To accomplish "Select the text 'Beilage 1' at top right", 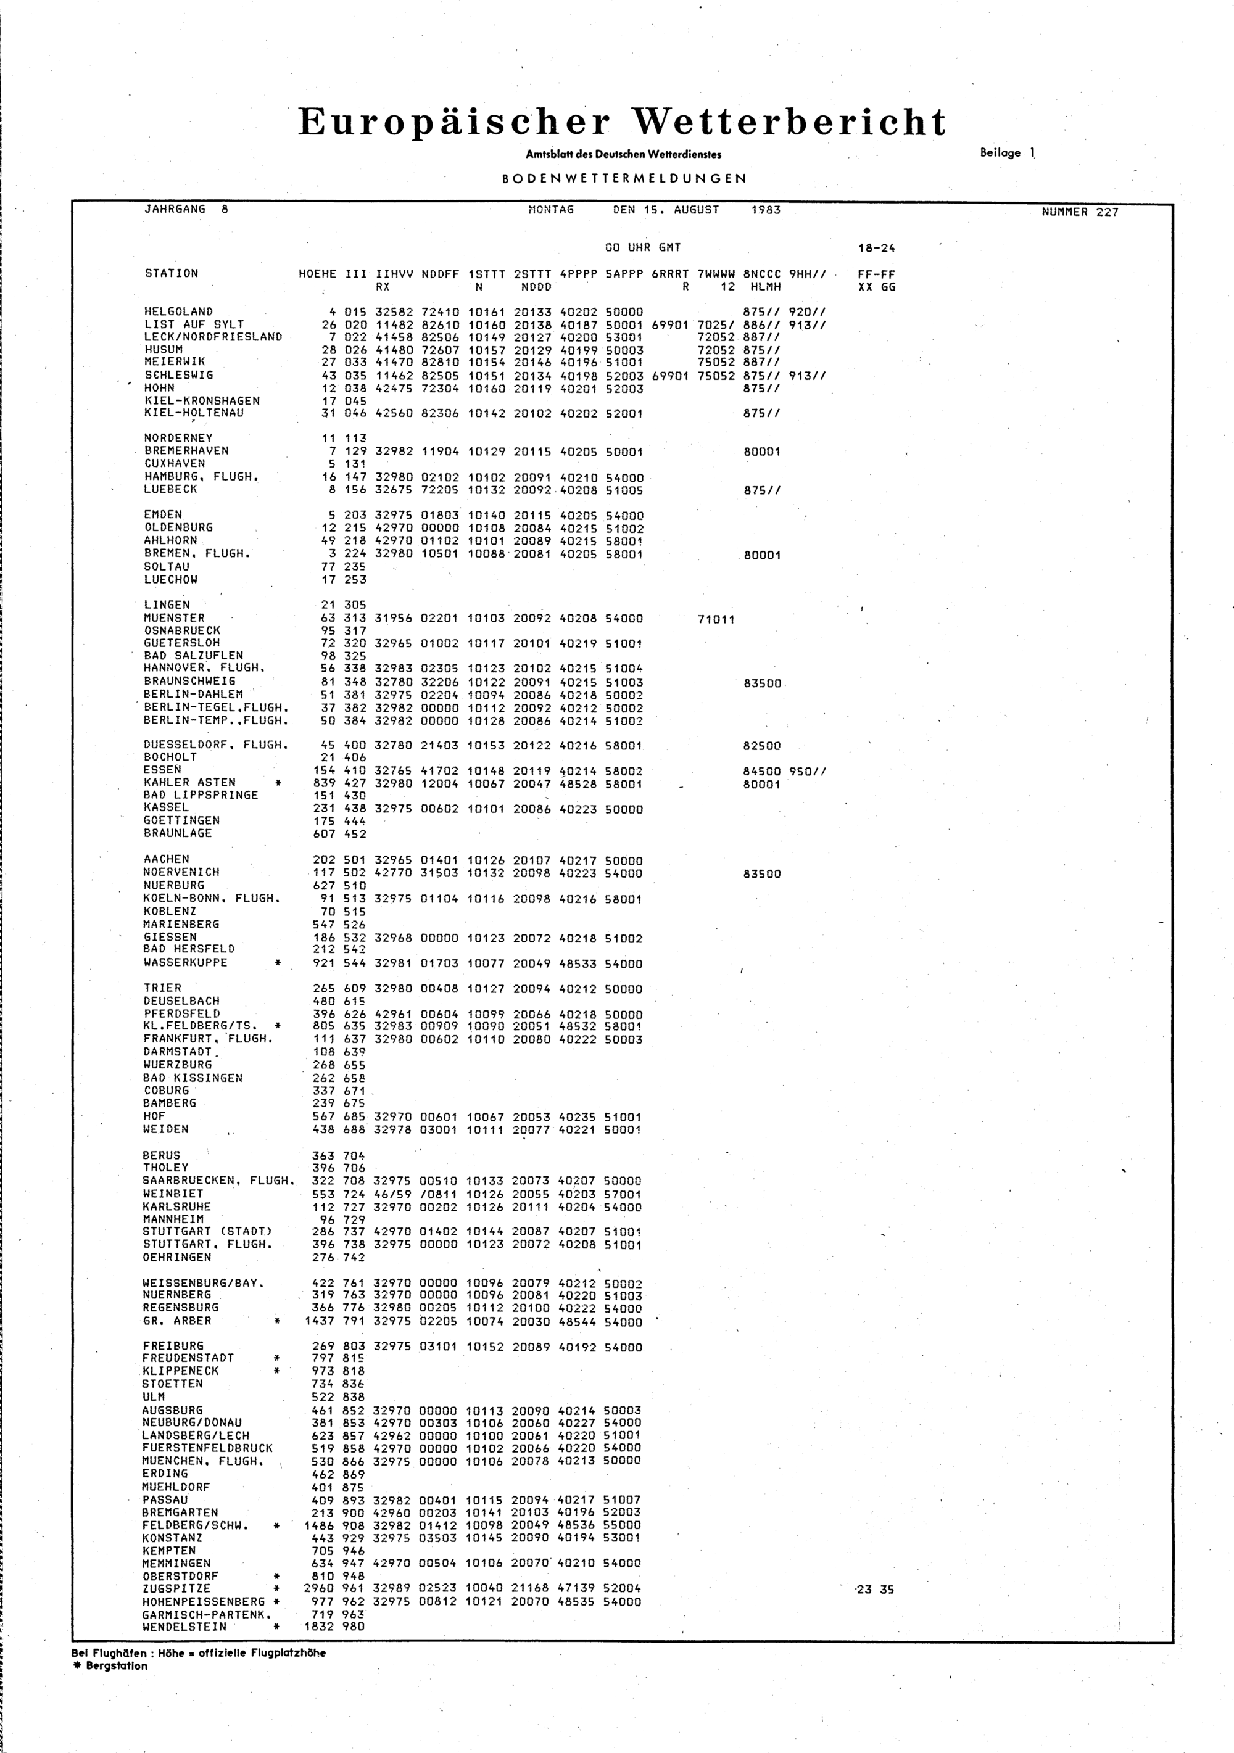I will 1007,153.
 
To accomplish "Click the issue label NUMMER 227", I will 1079,212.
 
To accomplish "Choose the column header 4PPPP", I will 578,274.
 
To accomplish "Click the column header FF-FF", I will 877,274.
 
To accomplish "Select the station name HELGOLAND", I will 179,311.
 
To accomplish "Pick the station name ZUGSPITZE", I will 176,1589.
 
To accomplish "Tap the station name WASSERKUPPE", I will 186,963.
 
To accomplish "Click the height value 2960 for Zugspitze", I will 319,1589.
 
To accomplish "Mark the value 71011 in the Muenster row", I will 716,619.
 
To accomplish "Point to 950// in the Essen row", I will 807,771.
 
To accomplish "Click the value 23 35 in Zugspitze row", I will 875,1590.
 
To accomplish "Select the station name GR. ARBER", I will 176,1321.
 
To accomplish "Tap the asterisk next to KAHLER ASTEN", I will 277,783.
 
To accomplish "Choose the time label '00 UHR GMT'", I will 642,248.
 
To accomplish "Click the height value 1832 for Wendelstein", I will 319,1627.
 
